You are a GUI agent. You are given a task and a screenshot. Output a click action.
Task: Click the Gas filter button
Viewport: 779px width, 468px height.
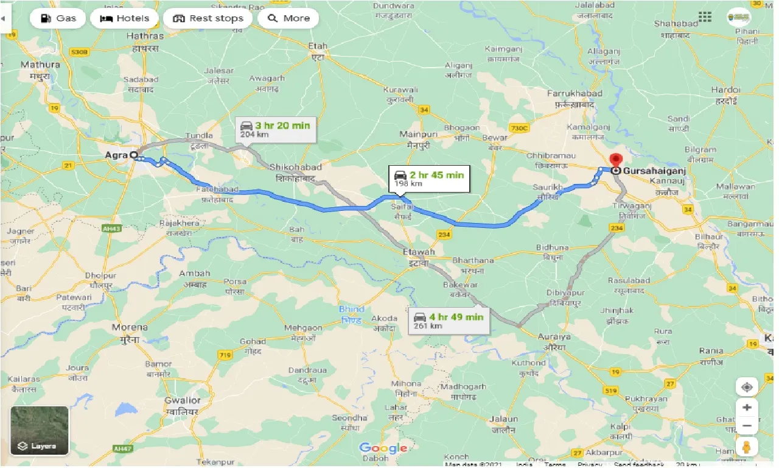[x=58, y=18]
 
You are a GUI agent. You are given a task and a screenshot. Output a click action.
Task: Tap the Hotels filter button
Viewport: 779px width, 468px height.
[x=124, y=18]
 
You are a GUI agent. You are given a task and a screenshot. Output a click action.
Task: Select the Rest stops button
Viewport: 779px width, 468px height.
[x=208, y=18]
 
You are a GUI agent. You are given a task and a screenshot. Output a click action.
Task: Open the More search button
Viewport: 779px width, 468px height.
[x=288, y=18]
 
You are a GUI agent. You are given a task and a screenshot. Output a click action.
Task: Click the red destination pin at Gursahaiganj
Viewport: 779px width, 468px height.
[x=615, y=161]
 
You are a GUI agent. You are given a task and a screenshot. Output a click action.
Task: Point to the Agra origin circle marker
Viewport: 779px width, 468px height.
[x=133, y=155]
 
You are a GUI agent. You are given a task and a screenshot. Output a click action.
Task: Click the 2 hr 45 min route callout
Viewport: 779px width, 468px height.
[x=430, y=178]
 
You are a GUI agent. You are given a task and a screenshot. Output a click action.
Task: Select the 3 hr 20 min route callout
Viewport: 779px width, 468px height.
[x=276, y=129]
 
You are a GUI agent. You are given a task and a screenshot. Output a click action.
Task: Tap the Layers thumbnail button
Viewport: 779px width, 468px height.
[x=40, y=431]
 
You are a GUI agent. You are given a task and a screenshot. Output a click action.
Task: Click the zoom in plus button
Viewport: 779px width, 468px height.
[x=747, y=408]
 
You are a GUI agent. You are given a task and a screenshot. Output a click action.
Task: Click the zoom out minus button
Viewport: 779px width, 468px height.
[x=747, y=425]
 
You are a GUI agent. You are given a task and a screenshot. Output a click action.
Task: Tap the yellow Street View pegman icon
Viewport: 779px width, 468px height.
[x=747, y=447]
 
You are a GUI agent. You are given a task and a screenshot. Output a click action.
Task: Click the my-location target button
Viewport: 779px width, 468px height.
[x=747, y=387]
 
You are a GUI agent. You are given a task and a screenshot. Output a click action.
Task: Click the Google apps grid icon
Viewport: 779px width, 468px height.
[x=705, y=17]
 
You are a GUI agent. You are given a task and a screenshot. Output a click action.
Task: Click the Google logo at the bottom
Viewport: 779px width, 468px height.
[x=383, y=448]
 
